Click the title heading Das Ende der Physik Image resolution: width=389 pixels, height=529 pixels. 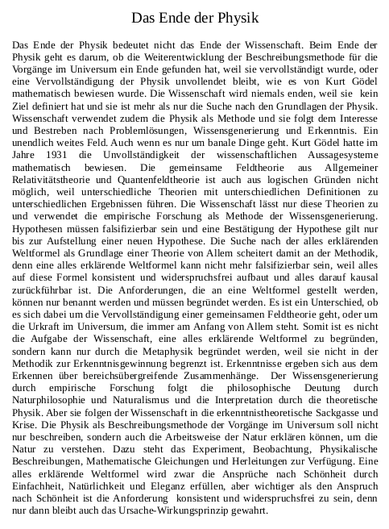coord(194,18)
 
